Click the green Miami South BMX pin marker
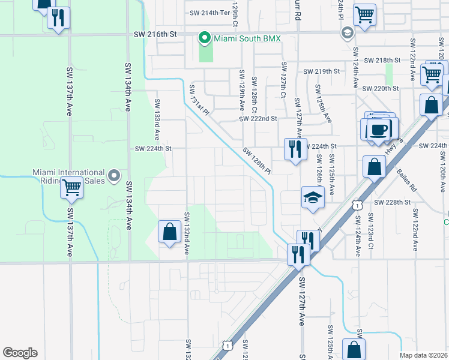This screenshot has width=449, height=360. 204,39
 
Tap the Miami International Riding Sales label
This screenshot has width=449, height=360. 69,176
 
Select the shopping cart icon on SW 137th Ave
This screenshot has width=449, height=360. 71,188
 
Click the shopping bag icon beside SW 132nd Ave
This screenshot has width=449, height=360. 170,232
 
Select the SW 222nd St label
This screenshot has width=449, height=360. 258,119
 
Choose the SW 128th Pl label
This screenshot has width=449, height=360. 257,161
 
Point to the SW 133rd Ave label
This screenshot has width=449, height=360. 157,120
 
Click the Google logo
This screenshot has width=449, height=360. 20,352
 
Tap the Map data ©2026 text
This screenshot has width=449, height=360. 423,355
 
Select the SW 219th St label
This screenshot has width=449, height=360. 322,71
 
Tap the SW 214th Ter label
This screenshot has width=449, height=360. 209,13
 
